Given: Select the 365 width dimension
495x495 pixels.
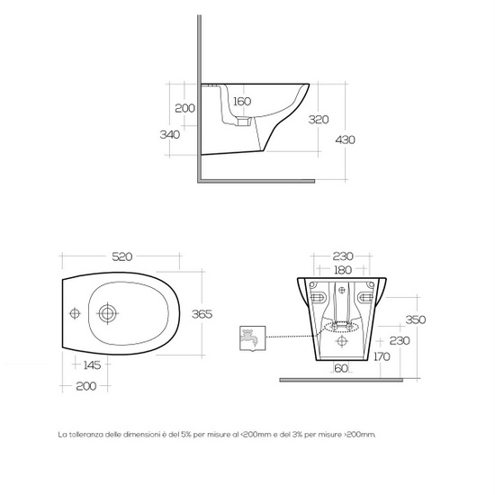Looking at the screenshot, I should pyautogui.click(x=202, y=313).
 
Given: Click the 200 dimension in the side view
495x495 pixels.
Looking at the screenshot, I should pyautogui.click(x=184, y=108).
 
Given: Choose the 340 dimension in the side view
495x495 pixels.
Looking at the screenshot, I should pyautogui.click(x=169, y=134).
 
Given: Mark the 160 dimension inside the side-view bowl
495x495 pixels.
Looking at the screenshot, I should pyautogui.click(x=242, y=102).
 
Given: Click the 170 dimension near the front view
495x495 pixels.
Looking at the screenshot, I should pyautogui.click(x=381, y=356).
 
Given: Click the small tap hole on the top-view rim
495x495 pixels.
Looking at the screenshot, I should pyautogui.click(x=76, y=313).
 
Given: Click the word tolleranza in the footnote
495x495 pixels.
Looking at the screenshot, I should pyautogui.click(x=88, y=434).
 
